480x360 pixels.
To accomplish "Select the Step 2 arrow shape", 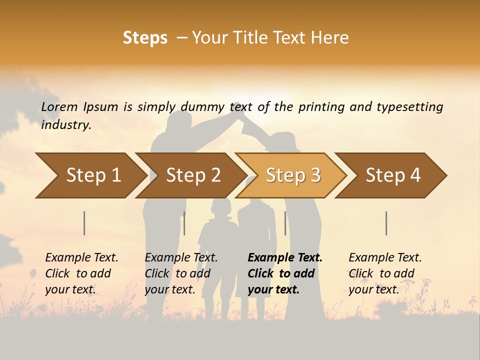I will [193, 175].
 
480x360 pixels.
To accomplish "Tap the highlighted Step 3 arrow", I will [293, 175].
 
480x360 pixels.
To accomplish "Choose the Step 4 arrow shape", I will [393, 175].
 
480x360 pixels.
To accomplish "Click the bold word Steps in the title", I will [145, 37].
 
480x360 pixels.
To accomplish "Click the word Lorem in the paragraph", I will [59, 107].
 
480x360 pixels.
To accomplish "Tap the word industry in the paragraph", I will [66, 125].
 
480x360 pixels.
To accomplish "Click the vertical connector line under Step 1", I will [84, 223].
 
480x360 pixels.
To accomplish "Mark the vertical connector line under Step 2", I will [184, 223].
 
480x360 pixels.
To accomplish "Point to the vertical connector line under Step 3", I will [285, 223].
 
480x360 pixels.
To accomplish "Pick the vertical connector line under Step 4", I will [386, 223].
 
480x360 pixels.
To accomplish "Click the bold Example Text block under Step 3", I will [285, 273].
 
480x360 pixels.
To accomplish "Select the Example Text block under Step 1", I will [81, 273].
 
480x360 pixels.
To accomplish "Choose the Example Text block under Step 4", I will [385, 273].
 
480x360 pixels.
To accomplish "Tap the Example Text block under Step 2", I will [181, 273].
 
